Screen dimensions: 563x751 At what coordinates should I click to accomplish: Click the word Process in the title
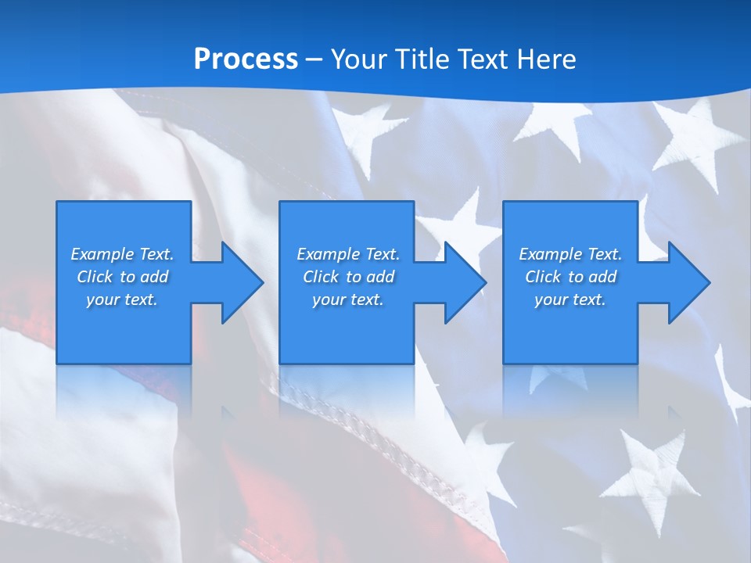[246, 59]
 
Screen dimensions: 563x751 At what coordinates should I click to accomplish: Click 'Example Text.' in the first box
[122, 254]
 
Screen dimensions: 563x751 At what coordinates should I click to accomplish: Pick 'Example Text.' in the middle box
[348, 254]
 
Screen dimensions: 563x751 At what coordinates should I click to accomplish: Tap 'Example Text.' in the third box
[570, 254]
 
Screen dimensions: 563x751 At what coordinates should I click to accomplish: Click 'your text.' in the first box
[122, 299]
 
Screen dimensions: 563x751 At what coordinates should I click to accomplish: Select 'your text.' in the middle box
[348, 299]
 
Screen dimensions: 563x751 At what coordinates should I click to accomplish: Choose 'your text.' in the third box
[570, 299]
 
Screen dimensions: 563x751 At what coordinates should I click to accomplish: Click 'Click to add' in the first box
[122, 277]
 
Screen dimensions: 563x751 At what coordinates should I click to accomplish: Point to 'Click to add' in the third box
[570, 277]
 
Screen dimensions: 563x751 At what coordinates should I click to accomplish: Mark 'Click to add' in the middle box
[348, 277]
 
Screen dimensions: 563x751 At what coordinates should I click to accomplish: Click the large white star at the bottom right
[649, 473]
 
